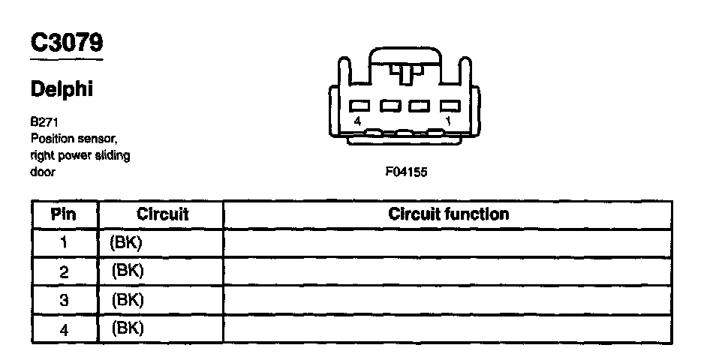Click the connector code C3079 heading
(x=66, y=43)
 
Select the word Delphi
(x=62, y=89)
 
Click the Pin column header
(x=64, y=214)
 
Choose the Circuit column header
(x=162, y=214)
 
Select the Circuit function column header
(x=448, y=214)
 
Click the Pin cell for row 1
(x=64, y=243)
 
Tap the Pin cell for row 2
(x=64, y=271)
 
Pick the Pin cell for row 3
(x=64, y=300)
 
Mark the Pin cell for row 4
(x=64, y=328)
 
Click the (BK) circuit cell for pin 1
(x=126, y=243)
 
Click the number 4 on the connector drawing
(x=358, y=120)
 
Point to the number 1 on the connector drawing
(x=447, y=120)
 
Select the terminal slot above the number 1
(x=448, y=106)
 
